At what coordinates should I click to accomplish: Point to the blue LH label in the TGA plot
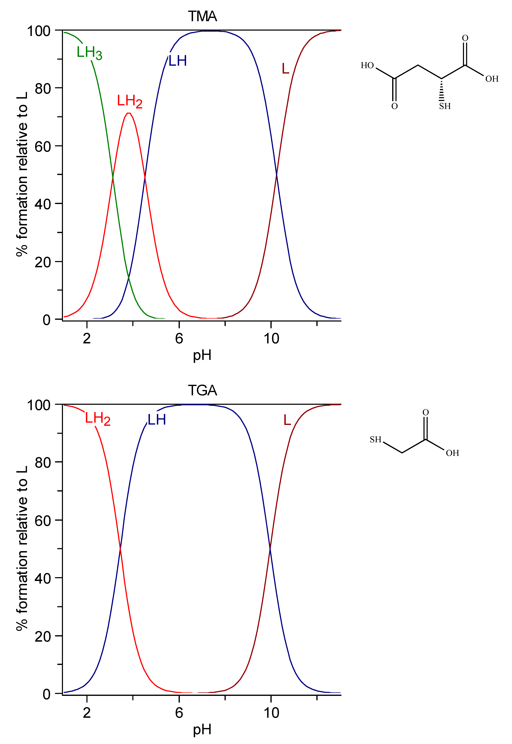(157, 420)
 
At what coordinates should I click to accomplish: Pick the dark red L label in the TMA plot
(285, 69)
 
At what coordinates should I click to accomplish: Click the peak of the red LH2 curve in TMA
(128, 113)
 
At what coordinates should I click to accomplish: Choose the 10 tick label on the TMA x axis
(271, 339)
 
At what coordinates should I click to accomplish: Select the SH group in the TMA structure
(445, 106)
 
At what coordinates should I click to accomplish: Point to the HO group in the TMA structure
(367, 65)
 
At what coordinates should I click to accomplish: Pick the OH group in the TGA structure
(452, 453)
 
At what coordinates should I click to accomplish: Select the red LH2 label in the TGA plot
(98, 419)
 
